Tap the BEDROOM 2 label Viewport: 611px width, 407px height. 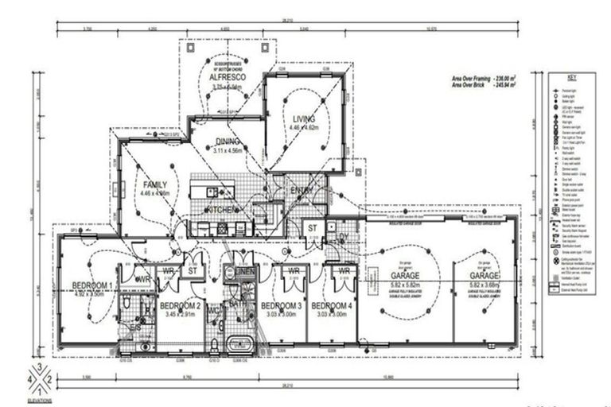coord(180,305)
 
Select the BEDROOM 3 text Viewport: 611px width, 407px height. coord(282,306)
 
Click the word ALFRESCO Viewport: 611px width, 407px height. coord(226,78)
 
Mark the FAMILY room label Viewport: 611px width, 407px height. coord(155,184)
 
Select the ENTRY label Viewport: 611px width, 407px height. coord(302,190)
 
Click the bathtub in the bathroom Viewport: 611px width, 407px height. coord(237,344)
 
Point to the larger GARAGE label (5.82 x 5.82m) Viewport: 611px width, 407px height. coord(405,276)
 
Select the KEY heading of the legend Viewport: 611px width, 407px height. coord(571,77)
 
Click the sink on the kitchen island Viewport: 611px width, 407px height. coord(212,192)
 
